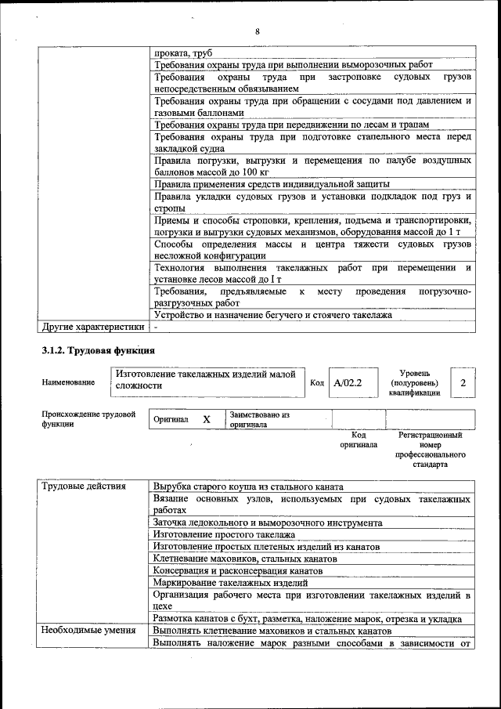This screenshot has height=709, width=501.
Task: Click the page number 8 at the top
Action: click(x=256, y=31)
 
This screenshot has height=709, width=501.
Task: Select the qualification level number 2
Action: click(x=463, y=383)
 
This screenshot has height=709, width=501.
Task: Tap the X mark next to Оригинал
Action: click(x=207, y=419)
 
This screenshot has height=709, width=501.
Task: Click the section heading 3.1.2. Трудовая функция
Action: click(x=98, y=349)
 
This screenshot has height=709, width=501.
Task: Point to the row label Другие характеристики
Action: click(x=92, y=327)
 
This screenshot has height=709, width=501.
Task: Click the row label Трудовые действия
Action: click(x=84, y=487)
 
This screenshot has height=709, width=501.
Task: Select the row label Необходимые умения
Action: click(x=88, y=631)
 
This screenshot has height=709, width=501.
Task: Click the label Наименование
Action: click(x=70, y=382)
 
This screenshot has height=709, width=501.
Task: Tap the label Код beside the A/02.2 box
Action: click(x=317, y=383)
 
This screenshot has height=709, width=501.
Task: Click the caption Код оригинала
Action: click(x=359, y=440)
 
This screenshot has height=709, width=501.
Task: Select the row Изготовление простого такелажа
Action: click(x=225, y=534)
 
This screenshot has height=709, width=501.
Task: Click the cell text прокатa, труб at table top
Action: click(x=183, y=52)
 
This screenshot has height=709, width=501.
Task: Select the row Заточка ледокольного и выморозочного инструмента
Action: click(x=268, y=523)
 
